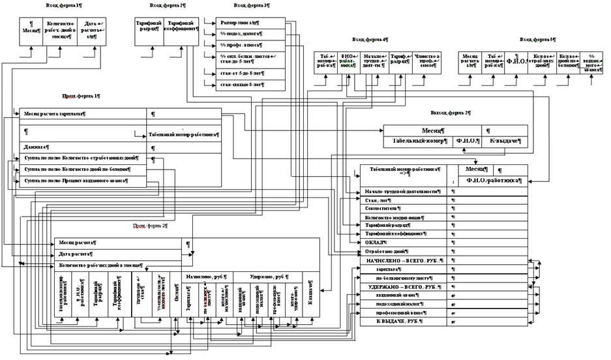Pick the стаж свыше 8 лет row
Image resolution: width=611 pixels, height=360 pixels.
[x=235, y=85]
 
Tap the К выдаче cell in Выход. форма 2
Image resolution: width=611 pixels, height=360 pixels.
[x=505, y=141]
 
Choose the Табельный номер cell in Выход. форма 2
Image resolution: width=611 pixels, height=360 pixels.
[x=419, y=141]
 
